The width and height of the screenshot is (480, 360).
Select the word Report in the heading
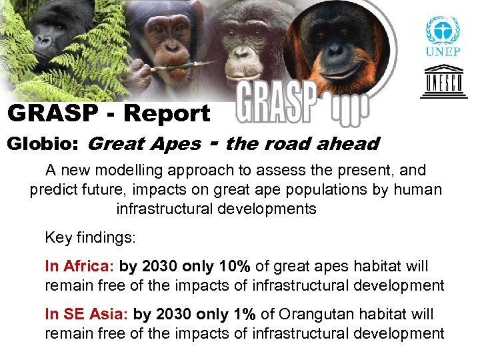point(167,113)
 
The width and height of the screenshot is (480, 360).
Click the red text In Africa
point(79,267)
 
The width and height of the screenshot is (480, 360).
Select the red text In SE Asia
point(86,313)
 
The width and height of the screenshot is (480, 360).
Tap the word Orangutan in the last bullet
point(310,313)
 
